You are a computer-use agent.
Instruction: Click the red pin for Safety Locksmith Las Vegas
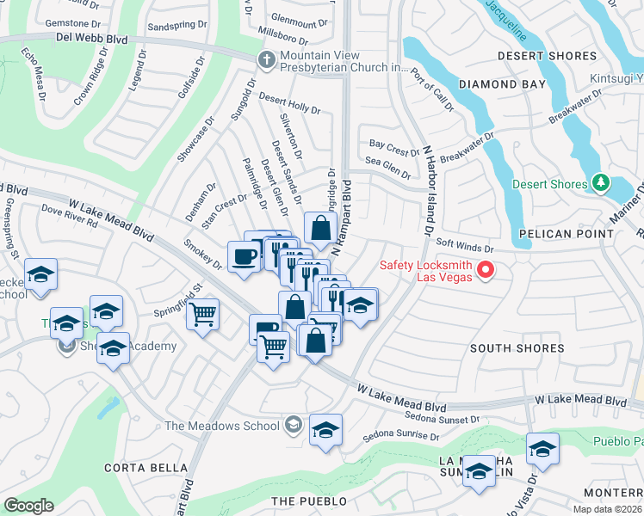click(x=486, y=270)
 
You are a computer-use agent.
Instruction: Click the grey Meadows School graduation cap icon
click(x=294, y=425)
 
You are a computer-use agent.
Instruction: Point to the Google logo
click(x=28, y=506)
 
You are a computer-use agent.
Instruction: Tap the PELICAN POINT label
click(x=557, y=233)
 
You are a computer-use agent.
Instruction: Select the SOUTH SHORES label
click(x=517, y=348)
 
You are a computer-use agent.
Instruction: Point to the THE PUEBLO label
click(x=308, y=501)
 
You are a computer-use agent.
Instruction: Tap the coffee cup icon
click(x=245, y=256)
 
